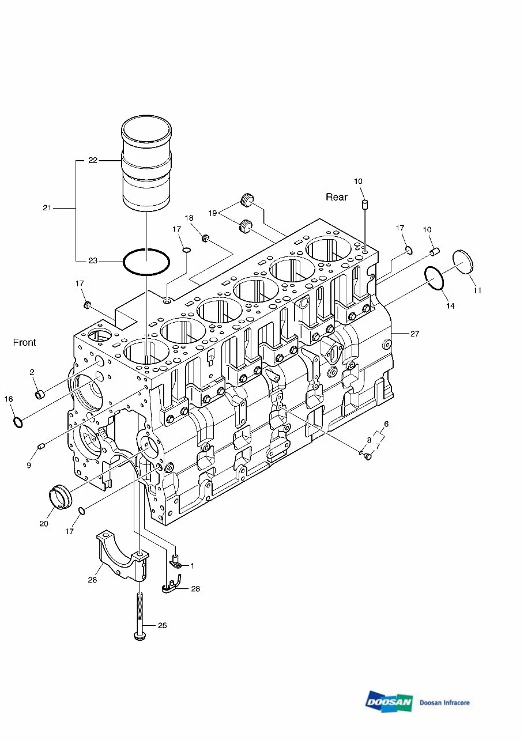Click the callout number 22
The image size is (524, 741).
point(93,161)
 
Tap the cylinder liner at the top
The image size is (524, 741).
point(146,164)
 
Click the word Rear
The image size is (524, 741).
point(337,197)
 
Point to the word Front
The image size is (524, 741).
point(24,342)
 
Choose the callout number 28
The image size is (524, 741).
point(195,589)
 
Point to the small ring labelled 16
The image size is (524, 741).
point(18,422)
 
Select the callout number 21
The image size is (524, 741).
point(47,207)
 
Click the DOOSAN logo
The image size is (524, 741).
point(389,702)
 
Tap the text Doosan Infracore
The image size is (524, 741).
point(444,702)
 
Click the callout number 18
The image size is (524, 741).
point(189,218)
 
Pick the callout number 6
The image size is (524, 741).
point(386,424)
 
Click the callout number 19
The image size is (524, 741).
point(213,213)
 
